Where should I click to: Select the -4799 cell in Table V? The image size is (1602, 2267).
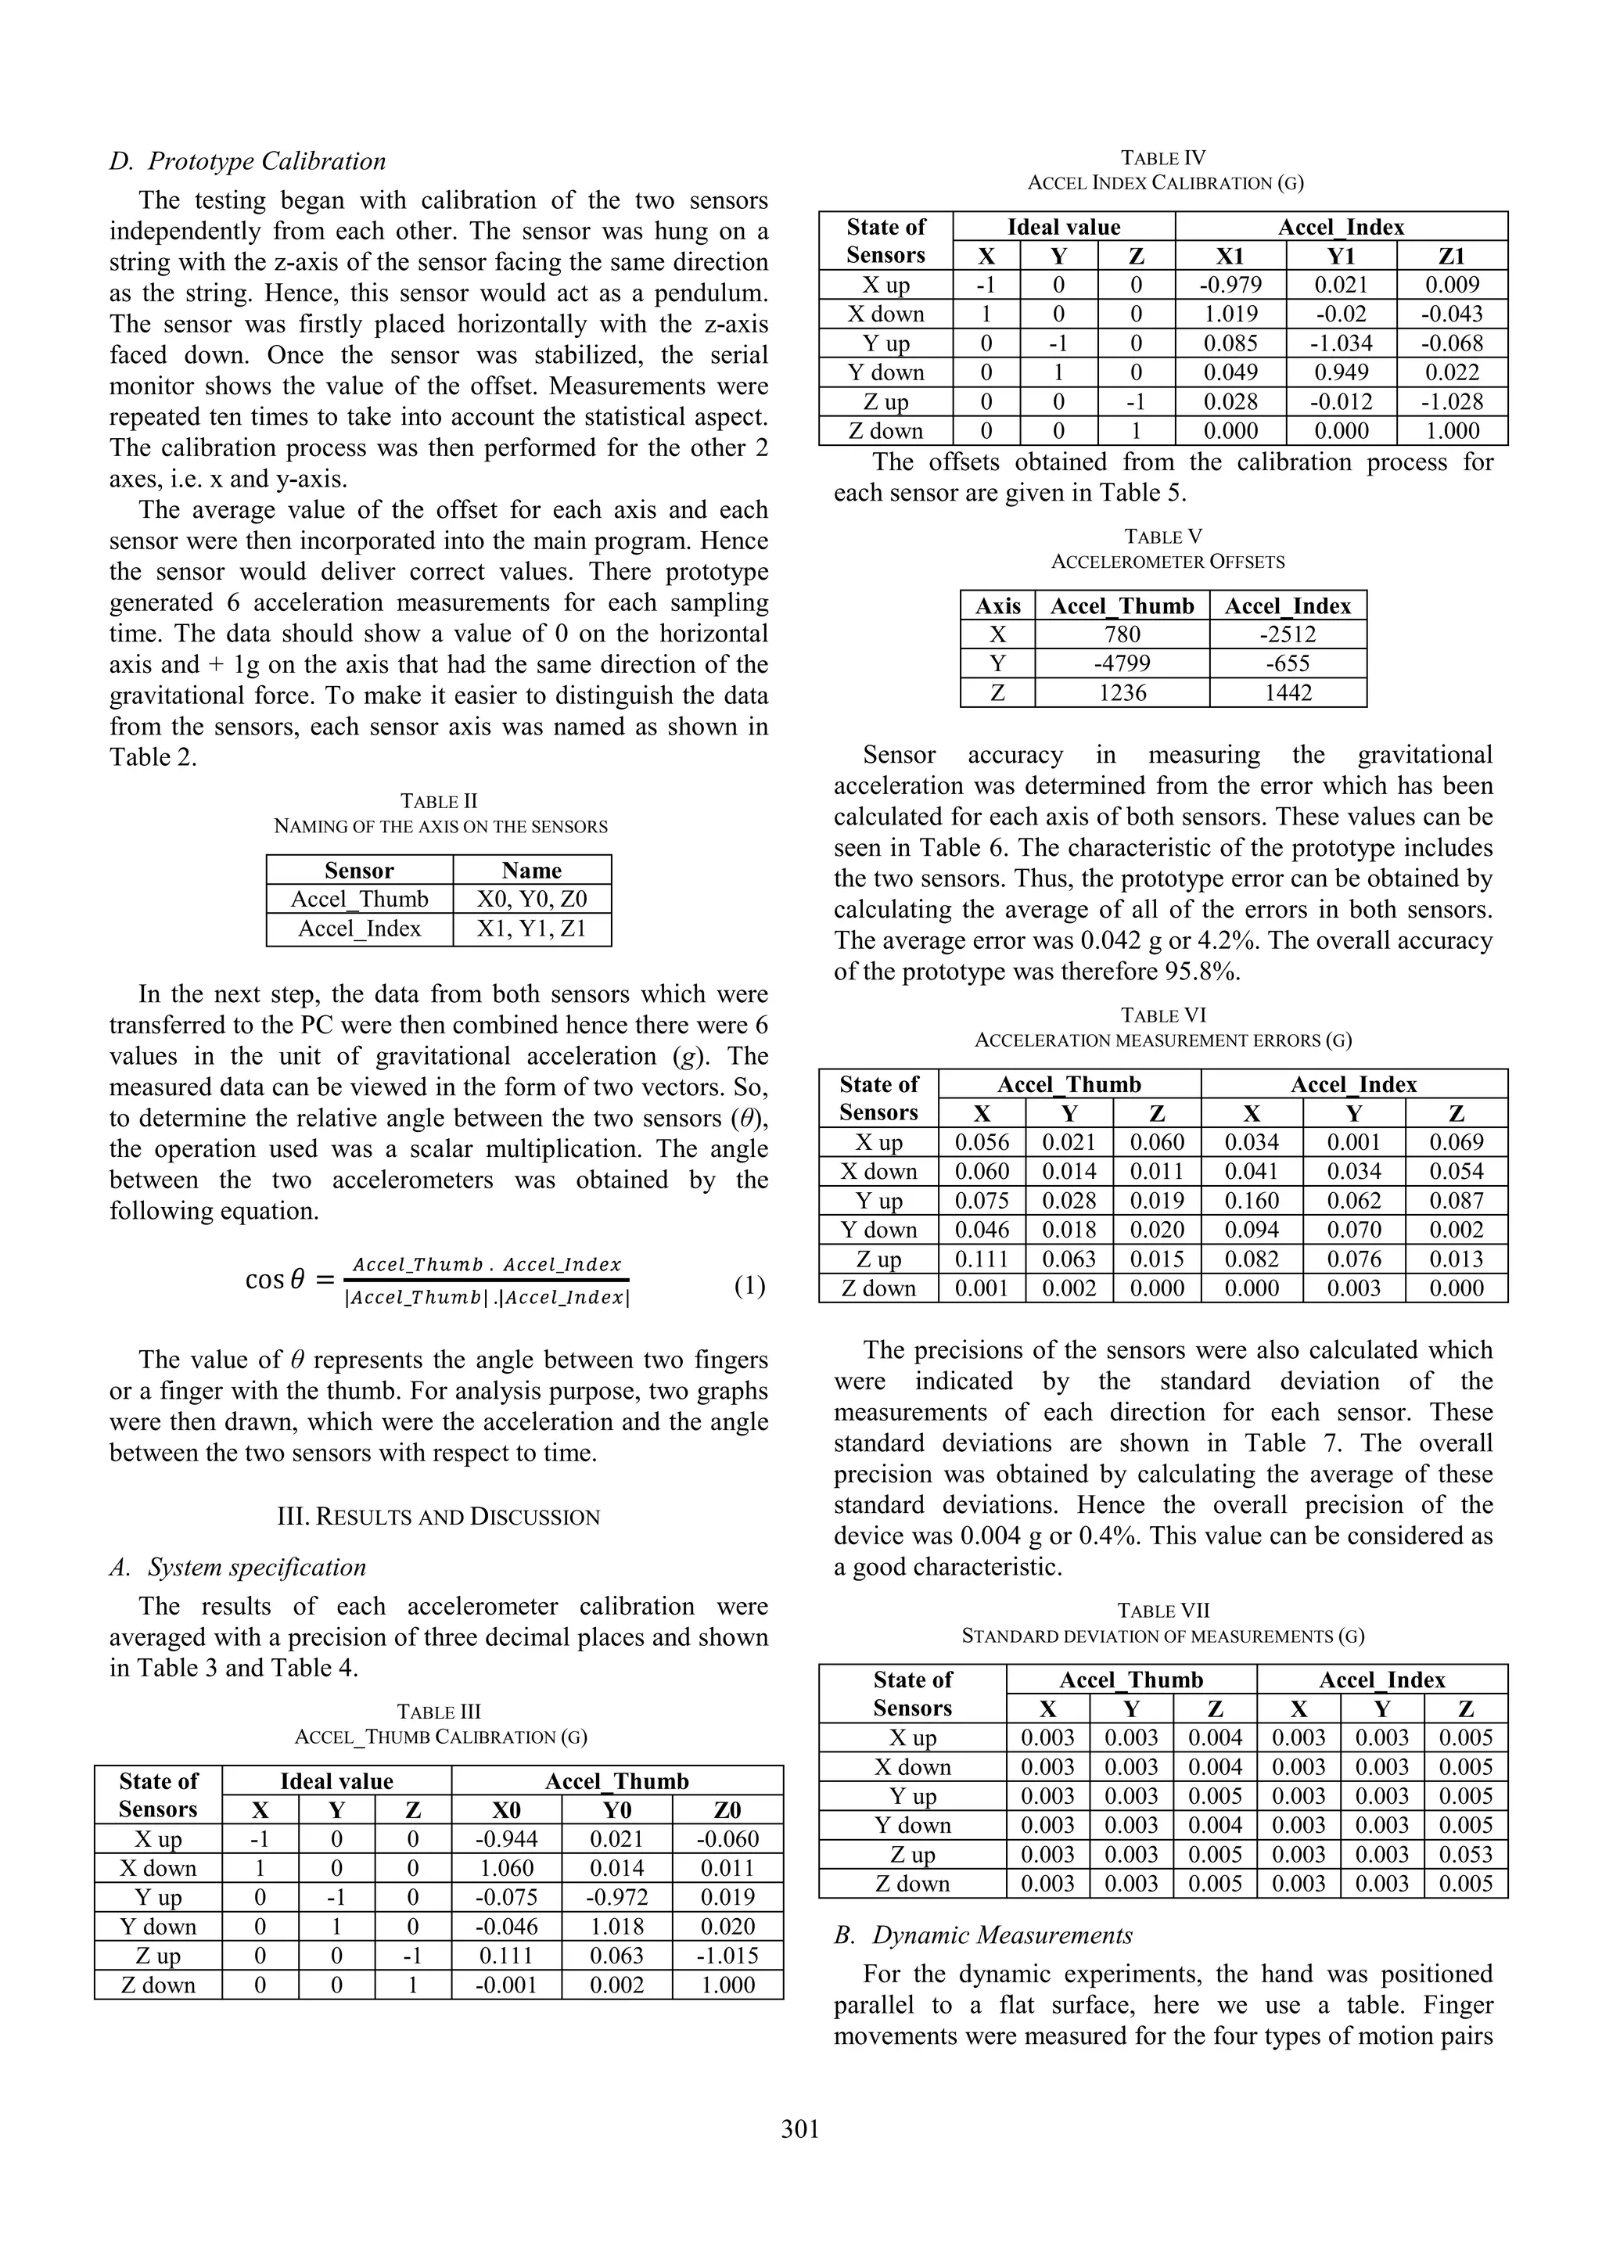pyautogui.click(x=1122, y=663)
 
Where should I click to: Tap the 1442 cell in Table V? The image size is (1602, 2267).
pyautogui.click(x=1288, y=693)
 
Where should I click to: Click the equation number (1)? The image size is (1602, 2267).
pyautogui.click(x=749, y=1285)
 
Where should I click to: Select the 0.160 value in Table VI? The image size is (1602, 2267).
pyautogui.click(x=1252, y=1201)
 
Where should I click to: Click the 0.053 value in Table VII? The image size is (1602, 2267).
pyautogui.click(x=1466, y=1854)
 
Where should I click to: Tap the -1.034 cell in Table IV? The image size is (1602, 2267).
pyautogui.click(x=1341, y=343)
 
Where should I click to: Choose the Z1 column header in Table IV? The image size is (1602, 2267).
pyautogui.click(x=1452, y=256)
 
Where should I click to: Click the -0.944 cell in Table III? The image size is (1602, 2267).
pyautogui.click(x=506, y=1839)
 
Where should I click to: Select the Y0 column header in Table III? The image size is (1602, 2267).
pyautogui.click(x=617, y=1810)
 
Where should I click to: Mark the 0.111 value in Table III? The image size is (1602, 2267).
pyautogui.click(x=506, y=1956)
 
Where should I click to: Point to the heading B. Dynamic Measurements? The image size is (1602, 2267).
pyautogui.click(x=983, y=1935)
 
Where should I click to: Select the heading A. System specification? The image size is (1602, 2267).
pyautogui.click(x=238, y=1567)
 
